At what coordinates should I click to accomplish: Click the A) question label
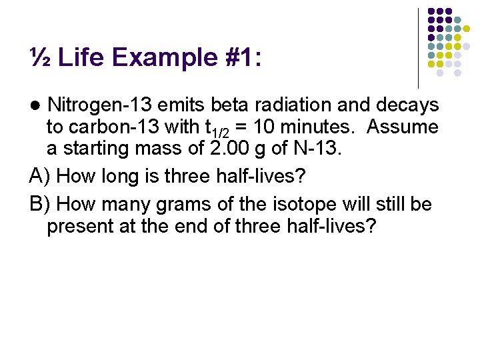click(41, 176)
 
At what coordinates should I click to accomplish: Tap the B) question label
click(41, 204)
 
